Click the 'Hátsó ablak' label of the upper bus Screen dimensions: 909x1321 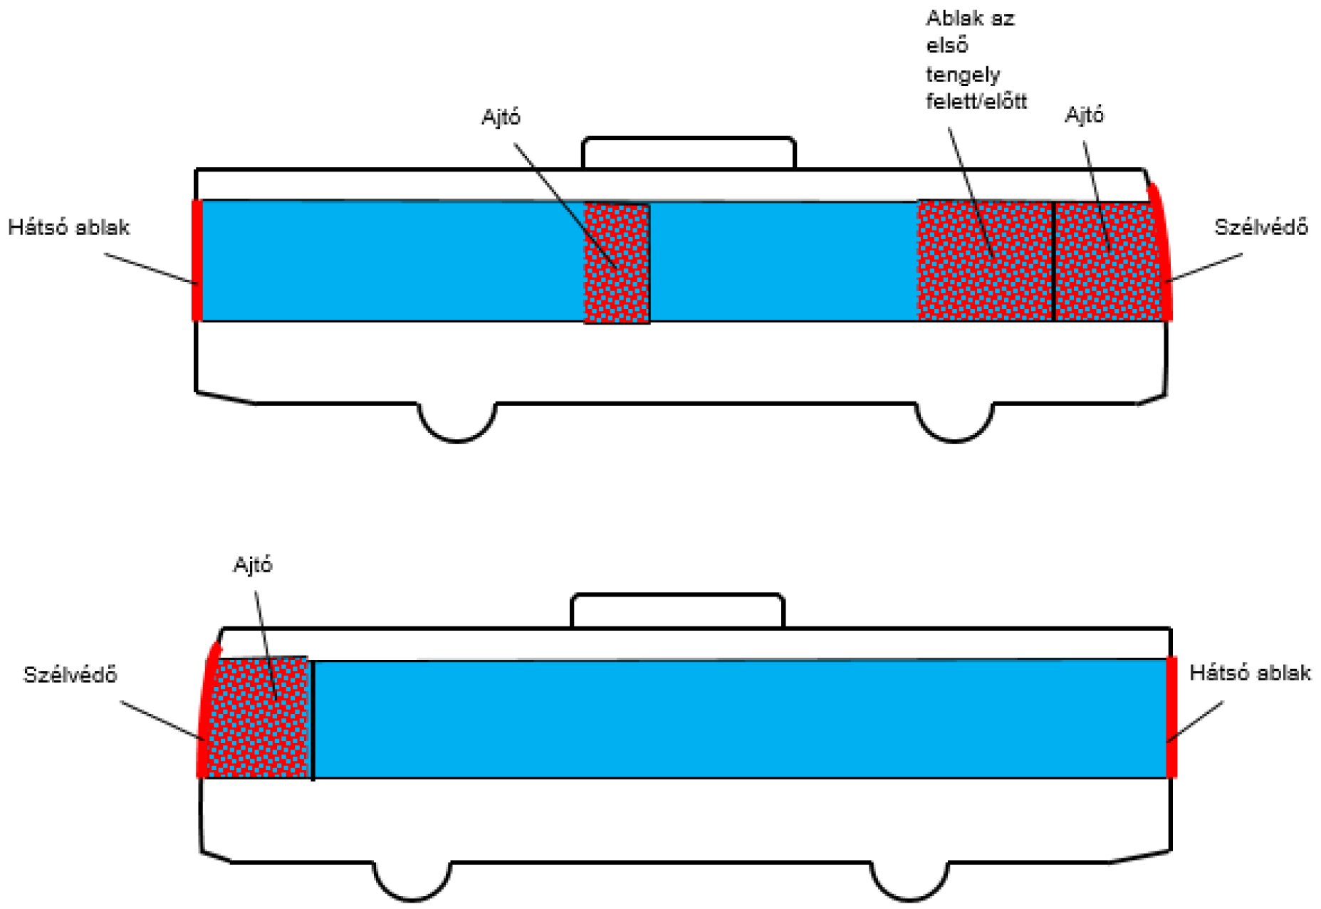coord(68,228)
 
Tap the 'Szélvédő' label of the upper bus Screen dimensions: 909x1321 coord(1260,228)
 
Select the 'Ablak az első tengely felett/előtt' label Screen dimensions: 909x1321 coord(976,61)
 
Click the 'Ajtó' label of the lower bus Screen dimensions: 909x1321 coord(253,565)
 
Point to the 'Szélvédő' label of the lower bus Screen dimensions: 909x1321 coord(70,675)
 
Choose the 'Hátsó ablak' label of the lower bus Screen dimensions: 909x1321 coord(1250,673)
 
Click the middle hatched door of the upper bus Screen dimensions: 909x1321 coord(617,263)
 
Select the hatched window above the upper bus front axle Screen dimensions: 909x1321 coord(984,261)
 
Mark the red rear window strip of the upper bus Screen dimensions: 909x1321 coord(197,261)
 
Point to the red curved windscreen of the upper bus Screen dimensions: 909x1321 coord(1162,256)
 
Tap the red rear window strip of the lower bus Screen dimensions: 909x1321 coord(1171,718)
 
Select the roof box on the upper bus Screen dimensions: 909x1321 coord(688,153)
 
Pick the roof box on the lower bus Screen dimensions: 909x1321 coord(677,611)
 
